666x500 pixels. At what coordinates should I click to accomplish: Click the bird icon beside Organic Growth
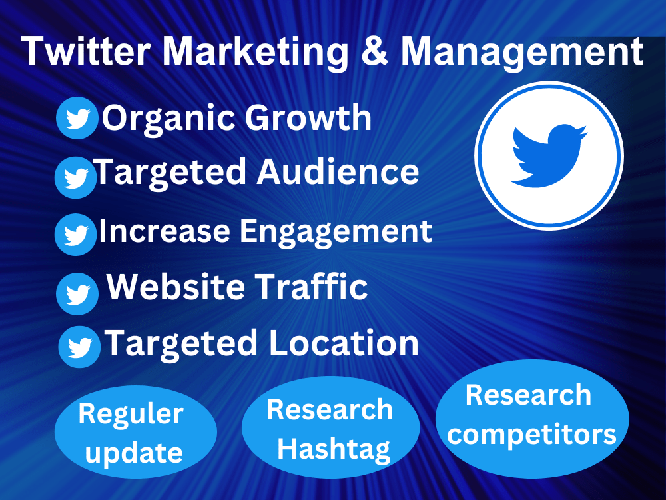pos(77,119)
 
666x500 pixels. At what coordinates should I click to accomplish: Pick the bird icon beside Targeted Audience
pos(75,177)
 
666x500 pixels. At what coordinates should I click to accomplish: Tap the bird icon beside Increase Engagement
pos(75,234)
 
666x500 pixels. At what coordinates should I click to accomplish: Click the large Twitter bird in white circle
pos(549,155)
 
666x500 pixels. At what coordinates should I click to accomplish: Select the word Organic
pos(168,119)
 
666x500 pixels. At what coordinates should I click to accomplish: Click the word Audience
pos(338,172)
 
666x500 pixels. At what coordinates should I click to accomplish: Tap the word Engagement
pos(336,232)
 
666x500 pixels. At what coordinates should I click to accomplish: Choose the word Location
pos(344,343)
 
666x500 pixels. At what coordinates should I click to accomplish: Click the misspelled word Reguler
pos(131,414)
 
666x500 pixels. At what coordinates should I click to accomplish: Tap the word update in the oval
pos(134,453)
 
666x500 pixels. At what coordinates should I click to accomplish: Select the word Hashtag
pos(333,449)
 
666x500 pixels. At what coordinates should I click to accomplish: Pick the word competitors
pos(531,435)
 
